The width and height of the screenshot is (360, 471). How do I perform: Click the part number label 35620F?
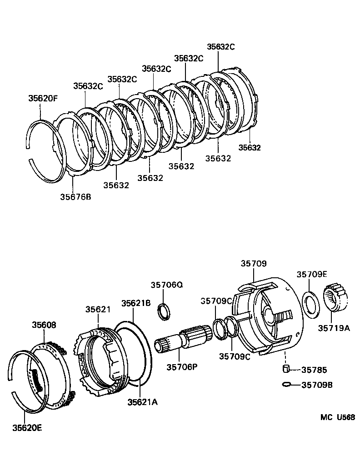pos(43,98)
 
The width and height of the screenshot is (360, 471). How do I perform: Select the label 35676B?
pos(75,197)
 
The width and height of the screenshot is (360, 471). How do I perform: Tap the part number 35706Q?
pos(166,285)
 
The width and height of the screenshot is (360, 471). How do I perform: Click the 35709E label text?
pos(312,274)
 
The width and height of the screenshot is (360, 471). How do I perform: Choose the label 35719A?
pos(334,328)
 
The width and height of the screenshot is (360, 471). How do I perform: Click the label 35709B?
pos(317,385)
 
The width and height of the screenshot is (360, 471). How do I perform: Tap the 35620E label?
pos(28,427)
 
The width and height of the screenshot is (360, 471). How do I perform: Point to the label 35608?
pos(44,325)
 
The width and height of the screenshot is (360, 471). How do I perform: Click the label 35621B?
pos(136,303)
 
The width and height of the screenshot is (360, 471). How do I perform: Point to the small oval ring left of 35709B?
pos(285,385)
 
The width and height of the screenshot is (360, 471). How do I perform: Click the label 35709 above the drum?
pos(254,264)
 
